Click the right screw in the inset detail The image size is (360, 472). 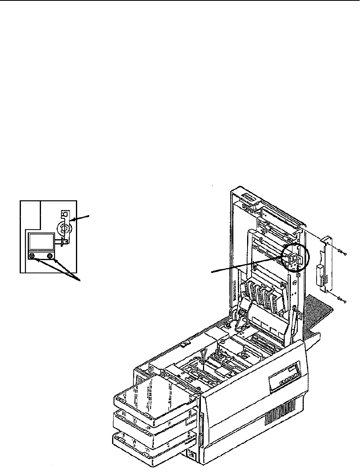click(50, 255)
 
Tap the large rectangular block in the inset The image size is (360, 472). click(41, 242)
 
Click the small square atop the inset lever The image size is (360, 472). click(63, 213)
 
